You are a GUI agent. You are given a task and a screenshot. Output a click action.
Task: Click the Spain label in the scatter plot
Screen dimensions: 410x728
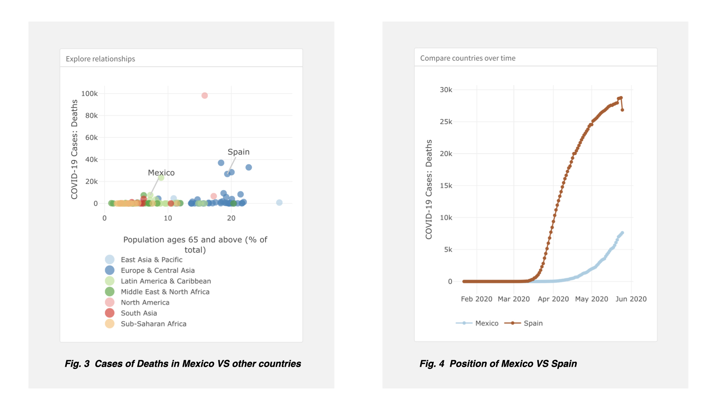[x=238, y=152]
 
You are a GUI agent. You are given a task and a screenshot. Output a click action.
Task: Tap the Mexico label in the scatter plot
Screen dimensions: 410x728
[x=161, y=173]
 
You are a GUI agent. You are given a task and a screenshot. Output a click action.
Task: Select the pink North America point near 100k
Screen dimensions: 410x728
[x=204, y=96]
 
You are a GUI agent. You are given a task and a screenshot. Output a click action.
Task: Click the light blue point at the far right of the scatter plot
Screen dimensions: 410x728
[x=279, y=203]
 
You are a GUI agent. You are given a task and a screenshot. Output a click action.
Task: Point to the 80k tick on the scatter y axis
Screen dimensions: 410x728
[x=91, y=115]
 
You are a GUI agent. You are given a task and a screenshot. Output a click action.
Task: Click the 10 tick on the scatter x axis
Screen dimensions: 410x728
[x=168, y=218]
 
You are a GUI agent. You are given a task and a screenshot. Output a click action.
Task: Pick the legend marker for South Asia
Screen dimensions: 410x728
[x=110, y=313]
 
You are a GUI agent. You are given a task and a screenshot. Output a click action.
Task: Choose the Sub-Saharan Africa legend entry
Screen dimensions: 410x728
[x=153, y=324]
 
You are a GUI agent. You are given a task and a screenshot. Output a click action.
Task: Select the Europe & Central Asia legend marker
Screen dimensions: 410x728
[x=110, y=270]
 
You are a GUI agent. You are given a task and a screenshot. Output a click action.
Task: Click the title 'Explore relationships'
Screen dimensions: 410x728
[x=100, y=59]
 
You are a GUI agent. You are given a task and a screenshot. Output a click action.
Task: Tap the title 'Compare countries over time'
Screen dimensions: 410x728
[x=468, y=58]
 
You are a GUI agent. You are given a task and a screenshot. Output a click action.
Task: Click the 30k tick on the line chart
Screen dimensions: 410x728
[x=446, y=90]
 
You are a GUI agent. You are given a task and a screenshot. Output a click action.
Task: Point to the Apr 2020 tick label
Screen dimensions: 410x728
[x=553, y=299]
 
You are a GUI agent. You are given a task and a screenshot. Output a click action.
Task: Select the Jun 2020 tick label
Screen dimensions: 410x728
[x=631, y=299]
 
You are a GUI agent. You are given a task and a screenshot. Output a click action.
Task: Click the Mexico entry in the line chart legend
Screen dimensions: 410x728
[x=486, y=323]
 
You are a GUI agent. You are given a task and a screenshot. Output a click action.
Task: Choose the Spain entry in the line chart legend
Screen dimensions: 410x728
[x=533, y=323]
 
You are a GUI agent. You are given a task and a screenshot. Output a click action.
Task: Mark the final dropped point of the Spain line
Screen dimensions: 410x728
[x=622, y=110]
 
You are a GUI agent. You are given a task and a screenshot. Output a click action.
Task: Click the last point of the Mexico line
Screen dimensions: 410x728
[x=622, y=233]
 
